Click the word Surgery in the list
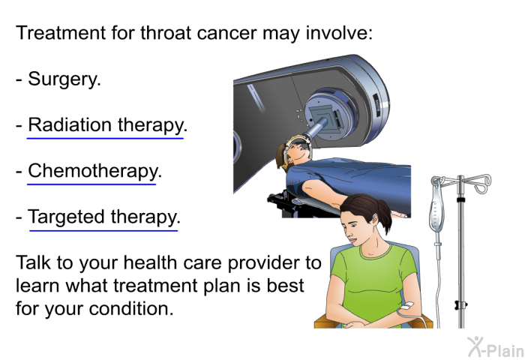coord(64,79)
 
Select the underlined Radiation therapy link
coord(106,125)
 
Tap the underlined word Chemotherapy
coord(92,172)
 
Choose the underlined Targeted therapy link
coord(103,218)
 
